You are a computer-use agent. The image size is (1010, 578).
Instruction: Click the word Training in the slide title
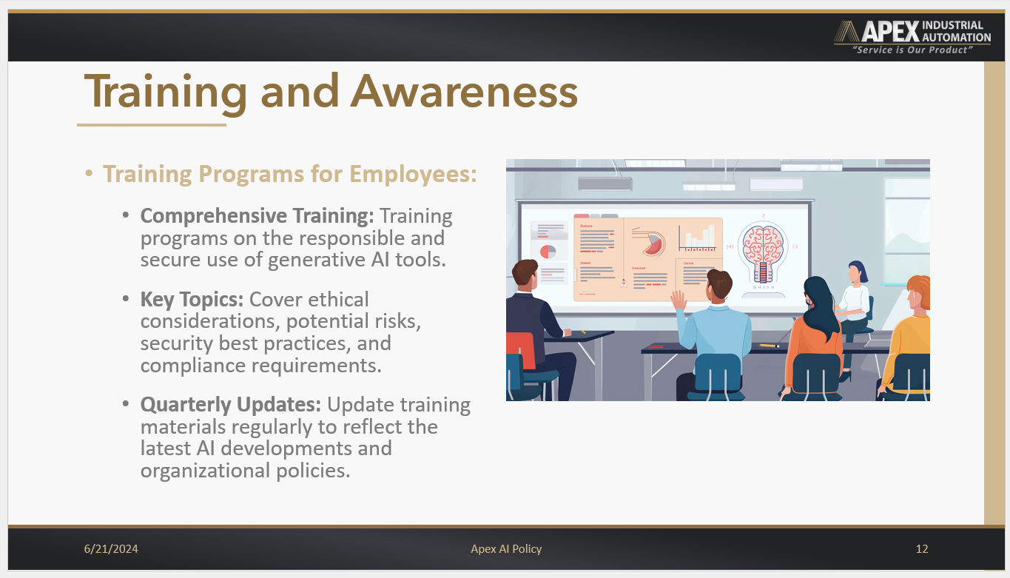pos(166,93)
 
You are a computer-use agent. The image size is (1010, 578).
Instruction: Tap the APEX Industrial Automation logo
pos(912,32)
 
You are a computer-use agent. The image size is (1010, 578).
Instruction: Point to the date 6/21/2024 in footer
pos(111,549)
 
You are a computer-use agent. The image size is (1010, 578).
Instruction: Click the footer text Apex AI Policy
pos(506,549)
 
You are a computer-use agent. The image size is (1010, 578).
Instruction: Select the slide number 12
pos(921,549)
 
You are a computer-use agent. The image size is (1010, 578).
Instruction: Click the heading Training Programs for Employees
pos(289,174)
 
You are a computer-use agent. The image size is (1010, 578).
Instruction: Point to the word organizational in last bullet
pos(205,471)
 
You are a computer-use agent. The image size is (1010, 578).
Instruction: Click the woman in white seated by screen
pos(855,296)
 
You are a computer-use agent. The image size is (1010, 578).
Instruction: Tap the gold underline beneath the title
pos(152,125)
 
